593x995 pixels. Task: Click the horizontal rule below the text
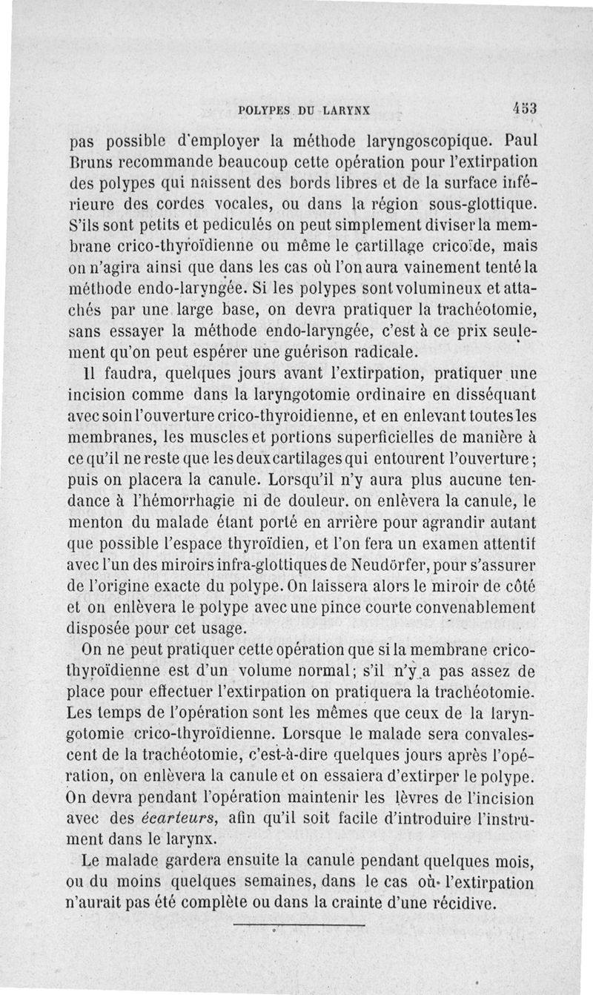pos(299,926)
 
